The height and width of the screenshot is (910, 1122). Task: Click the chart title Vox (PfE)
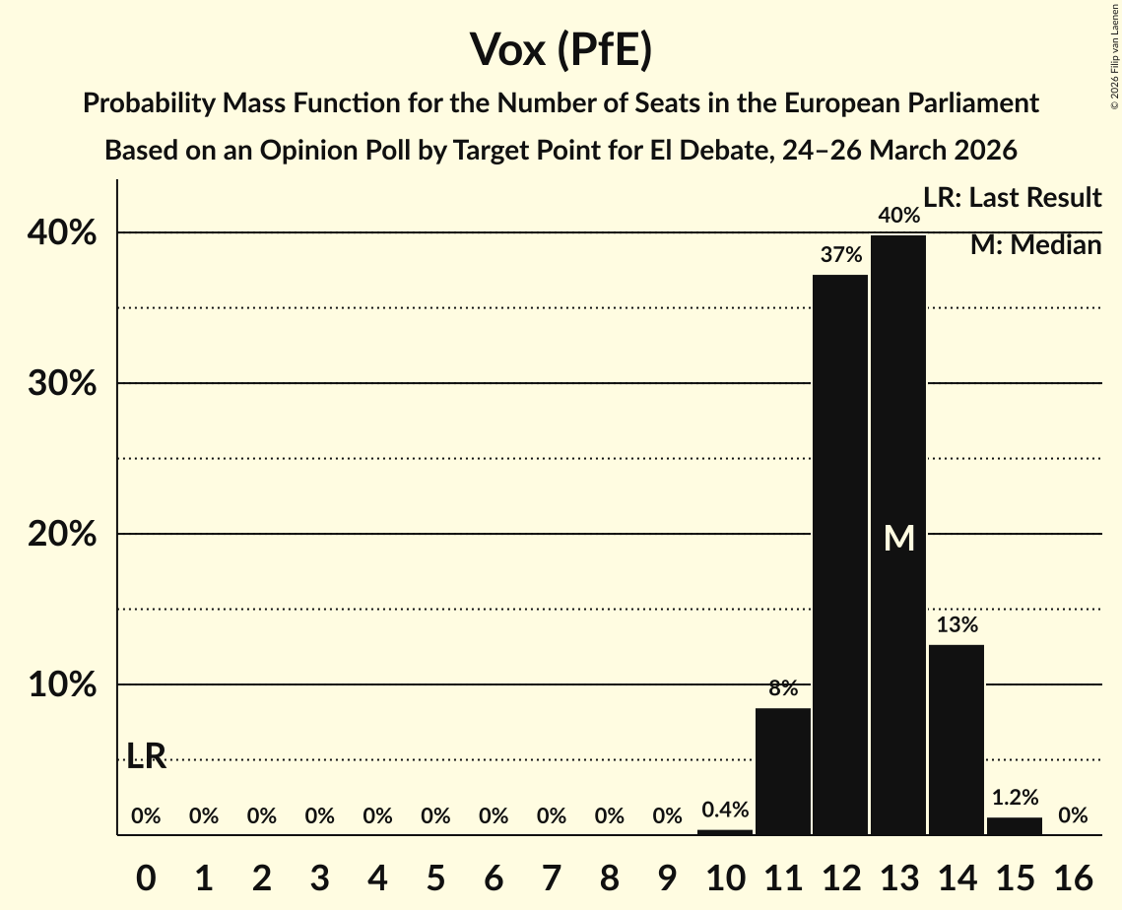point(561,49)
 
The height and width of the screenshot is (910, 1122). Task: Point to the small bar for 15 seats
point(1015,826)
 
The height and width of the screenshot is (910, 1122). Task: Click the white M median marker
point(898,538)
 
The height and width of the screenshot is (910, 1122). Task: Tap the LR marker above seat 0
point(146,756)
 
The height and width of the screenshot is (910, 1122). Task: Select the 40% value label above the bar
point(898,215)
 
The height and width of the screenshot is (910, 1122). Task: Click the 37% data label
point(840,255)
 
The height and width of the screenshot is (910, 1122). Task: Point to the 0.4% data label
point(725,810)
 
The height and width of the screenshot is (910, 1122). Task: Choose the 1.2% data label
point(1015,798)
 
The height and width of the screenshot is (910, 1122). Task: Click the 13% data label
point(957,624)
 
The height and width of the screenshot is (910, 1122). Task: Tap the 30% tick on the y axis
point(61,383)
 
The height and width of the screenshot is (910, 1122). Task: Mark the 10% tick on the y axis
point(61,684)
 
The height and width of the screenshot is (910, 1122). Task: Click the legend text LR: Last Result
point(1012,198)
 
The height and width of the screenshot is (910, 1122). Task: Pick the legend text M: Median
point(1035,245)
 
